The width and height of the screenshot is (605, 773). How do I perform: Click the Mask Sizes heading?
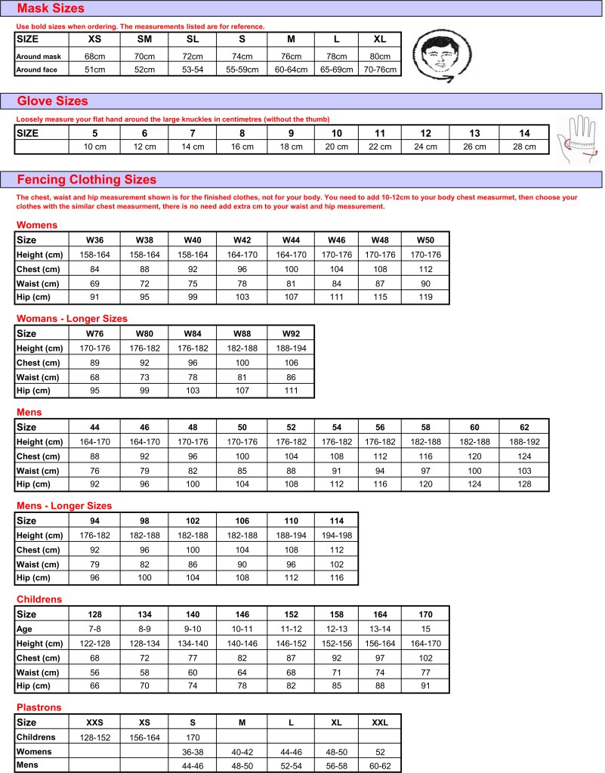point(51,9)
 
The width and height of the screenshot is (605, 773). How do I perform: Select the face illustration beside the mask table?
point(443,54)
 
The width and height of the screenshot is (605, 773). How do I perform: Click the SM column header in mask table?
point(144,39)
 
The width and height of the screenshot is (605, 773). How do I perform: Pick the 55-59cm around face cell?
point(242,70)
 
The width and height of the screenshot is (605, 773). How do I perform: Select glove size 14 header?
point(524,133)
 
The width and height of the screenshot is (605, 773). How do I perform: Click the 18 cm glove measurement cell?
point(290,147)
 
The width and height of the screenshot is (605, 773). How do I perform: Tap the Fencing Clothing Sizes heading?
point(86,179)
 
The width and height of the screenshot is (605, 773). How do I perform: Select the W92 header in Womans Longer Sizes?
point(290,333)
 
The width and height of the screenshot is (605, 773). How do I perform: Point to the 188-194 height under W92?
point(290,348)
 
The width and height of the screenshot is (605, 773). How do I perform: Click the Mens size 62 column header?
point(524,427)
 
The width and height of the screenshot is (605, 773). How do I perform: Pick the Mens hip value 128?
point(524,484)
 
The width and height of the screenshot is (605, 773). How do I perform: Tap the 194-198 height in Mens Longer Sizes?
point(335,535)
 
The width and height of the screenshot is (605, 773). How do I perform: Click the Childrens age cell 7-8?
point(95,629)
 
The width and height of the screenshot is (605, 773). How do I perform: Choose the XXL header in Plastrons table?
point(379,722)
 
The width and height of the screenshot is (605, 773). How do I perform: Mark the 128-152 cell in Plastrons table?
point(95,737)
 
